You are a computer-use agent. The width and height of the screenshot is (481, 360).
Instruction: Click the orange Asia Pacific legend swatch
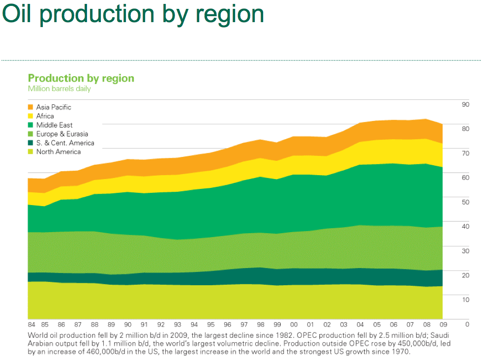pyautogui.click(x=30, y=107)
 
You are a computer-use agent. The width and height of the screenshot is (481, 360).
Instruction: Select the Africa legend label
pyautogui.click(x=45, y=116)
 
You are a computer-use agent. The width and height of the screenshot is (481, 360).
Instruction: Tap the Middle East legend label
pyautogui.click(x=54, y=125)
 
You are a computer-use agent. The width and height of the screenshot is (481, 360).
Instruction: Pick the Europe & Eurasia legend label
pyautogui.click(x=62, y=134)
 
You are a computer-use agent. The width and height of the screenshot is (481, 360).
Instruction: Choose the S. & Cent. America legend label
pyautogui.click(x=65, y=143)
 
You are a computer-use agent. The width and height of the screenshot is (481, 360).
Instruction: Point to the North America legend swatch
pyautogui.click(x=30, y=151)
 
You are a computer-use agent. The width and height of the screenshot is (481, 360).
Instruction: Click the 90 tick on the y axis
pyautogui.click(x=465, y=104)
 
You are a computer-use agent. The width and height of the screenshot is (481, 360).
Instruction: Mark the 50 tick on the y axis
pyautogui.click(x=465, y=202)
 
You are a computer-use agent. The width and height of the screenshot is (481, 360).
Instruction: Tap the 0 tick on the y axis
pyautogui.click(x=467, y=324)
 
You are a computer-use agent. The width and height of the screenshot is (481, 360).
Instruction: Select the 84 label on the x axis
pyautogui.click(x=31, y=325)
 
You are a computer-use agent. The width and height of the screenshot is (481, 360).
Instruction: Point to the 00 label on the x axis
pyautogui.click(x=294, y=325)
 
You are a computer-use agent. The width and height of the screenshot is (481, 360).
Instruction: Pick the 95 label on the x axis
pyautogui.click(x=210, y=325)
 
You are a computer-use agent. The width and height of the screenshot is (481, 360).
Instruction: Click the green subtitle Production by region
pyautogui.click(x=81, y=78)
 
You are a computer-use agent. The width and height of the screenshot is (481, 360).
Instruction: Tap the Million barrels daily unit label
pyautogui.click(x=59, y=89)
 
